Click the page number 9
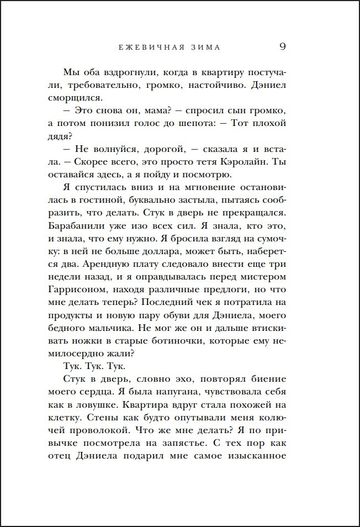tap(282, 46)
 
